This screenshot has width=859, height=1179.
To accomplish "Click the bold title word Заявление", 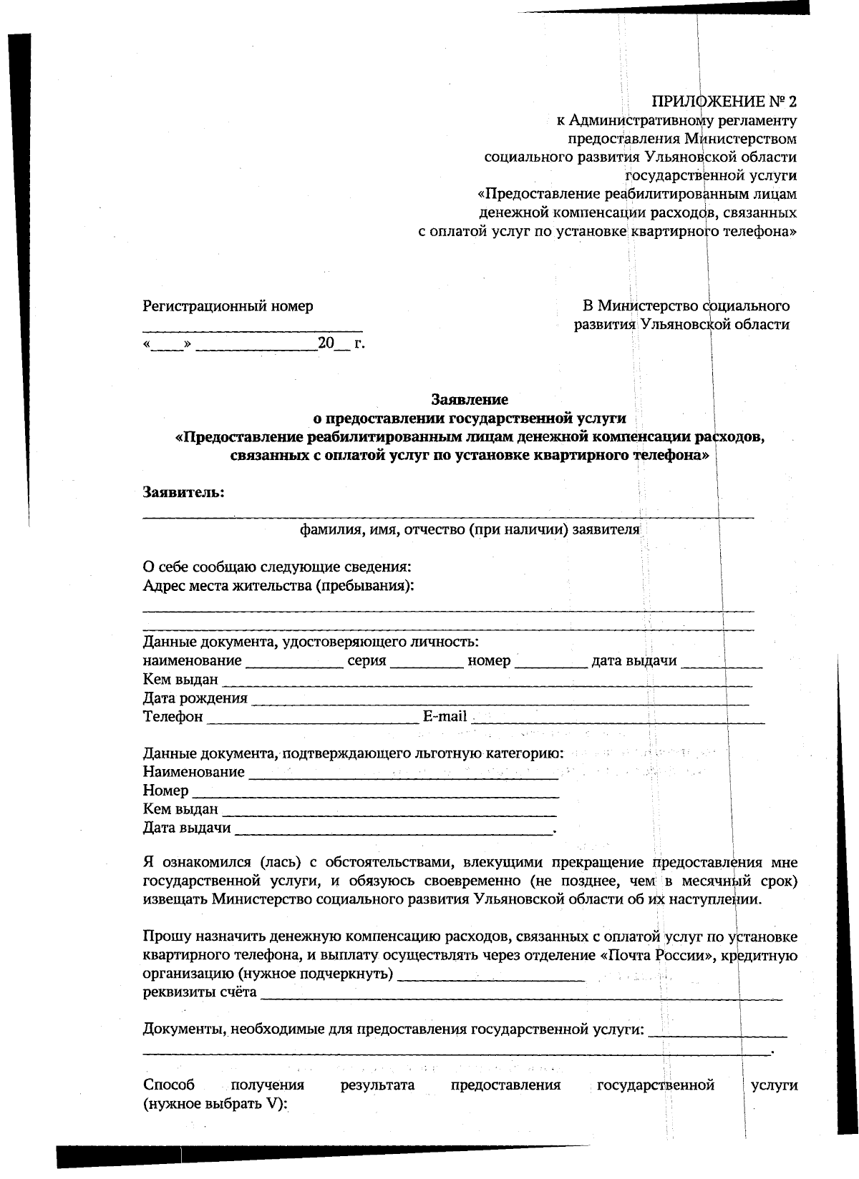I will (x=470, y=399).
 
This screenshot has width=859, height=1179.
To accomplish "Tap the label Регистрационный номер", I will (x=228, y=306).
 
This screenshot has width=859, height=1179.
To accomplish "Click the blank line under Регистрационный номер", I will (x=252, y=328).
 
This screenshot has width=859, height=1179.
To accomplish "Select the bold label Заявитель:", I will (x=184, y=493).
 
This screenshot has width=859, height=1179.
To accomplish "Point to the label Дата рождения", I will (x=195, y=698).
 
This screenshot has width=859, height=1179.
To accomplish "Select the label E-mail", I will (x=445, y=716).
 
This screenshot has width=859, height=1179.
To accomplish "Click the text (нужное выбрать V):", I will (x=215, y=1104).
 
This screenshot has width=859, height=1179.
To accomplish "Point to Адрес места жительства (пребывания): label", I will (x=278, y=586).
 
